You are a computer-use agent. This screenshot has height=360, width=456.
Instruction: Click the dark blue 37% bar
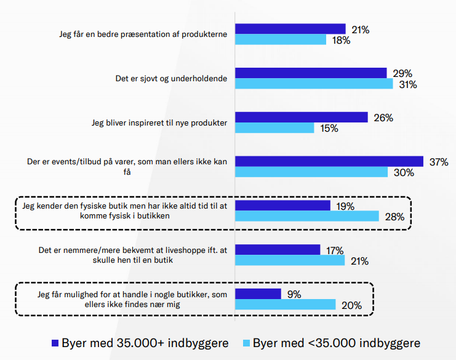[329, 161]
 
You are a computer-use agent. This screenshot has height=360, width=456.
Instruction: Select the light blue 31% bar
[314, 84]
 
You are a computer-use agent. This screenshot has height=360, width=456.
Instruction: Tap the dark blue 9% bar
[258, 294]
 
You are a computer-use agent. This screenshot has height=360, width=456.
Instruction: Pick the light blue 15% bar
[275, 128]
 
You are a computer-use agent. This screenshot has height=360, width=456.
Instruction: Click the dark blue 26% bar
[302, 117]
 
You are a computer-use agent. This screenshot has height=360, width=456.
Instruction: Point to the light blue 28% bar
[307, 216]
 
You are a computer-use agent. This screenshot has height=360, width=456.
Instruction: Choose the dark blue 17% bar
[278, 249]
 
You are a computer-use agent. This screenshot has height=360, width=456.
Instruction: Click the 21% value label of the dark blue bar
[360, 29]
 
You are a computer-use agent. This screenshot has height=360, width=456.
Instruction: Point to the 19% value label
[345, 206]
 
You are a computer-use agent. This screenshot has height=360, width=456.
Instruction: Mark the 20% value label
[351, 305]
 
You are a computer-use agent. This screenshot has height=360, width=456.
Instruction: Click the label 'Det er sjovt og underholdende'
[171, 79]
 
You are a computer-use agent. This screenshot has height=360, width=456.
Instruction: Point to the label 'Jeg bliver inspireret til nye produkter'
[159, 122]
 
